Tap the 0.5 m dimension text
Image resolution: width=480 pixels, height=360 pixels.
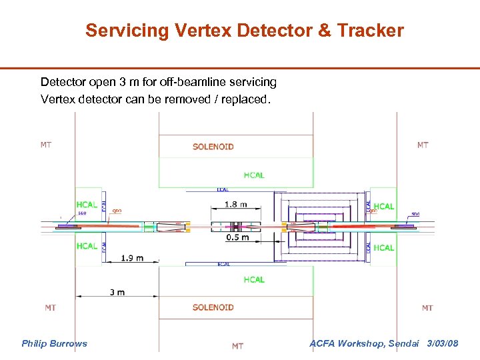coord(237,237)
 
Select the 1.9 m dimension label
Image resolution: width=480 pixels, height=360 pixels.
coord(132,258)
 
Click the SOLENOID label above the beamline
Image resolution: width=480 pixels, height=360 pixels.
coord(213,147)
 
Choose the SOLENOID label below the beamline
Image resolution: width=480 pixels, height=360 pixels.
coord(213,307)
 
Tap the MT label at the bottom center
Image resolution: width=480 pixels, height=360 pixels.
coord(237,346)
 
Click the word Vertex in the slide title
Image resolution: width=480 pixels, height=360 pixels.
coord(192,31)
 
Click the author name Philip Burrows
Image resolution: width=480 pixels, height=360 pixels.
coord(54,343)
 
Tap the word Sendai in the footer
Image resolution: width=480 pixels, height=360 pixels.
coord(403,343)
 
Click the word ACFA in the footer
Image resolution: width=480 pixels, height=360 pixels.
coord(325,343)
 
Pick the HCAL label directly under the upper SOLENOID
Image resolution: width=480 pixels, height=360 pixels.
coord(253,175)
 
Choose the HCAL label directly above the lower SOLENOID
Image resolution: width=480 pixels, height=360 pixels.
coord(253,279)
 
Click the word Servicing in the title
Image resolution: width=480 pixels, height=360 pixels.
coord(118,31)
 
